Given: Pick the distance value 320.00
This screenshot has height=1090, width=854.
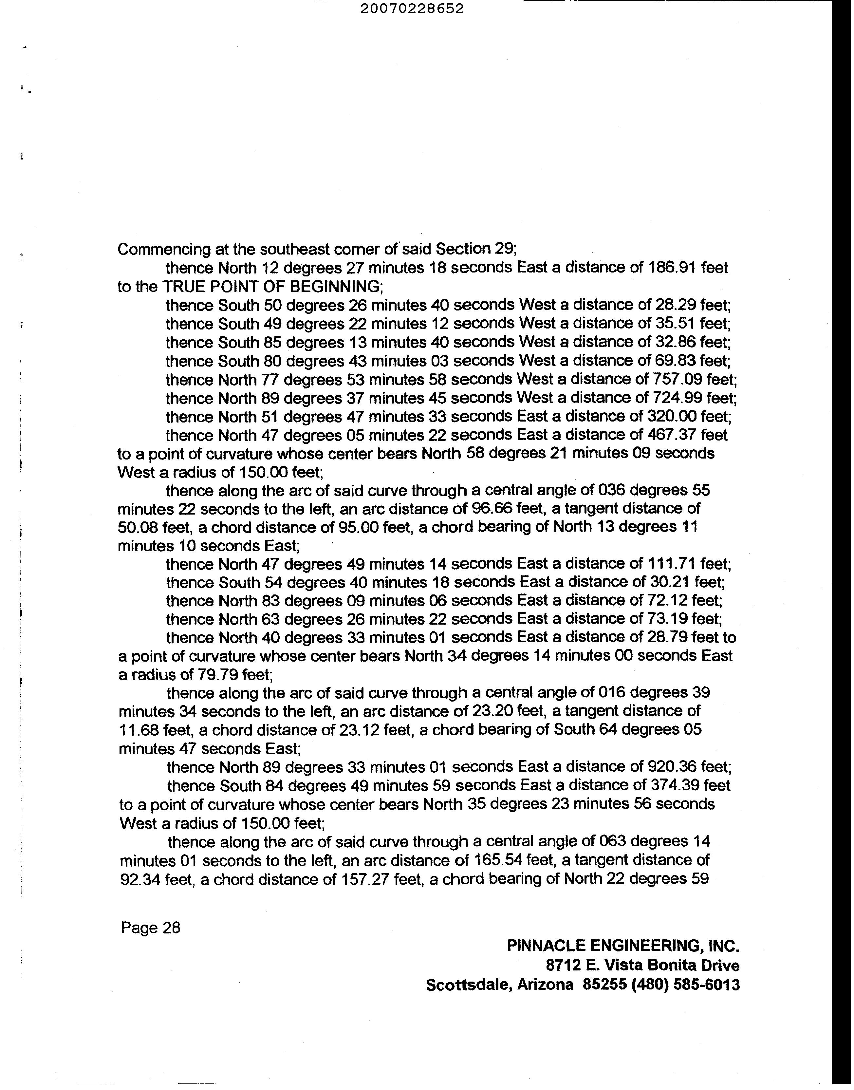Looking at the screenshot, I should [x=672, y=417].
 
